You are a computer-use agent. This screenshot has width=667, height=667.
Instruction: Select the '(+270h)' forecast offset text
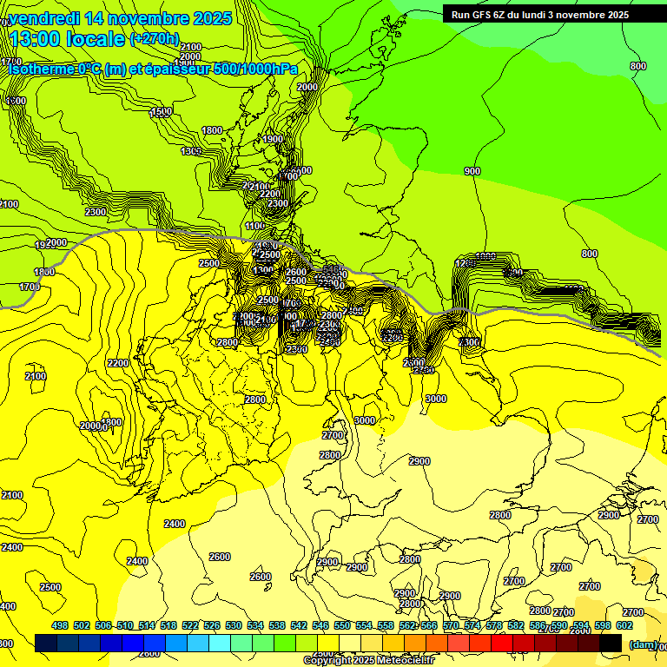[155, 39]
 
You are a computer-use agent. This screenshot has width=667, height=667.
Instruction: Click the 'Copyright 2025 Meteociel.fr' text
[368, 661]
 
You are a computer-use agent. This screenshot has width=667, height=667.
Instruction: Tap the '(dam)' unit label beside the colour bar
[642, 644]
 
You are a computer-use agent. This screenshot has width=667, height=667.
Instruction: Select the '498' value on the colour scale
[60, 625]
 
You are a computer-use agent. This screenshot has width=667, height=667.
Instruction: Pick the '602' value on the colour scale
[624, 625]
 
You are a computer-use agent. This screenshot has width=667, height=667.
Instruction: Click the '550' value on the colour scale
[342, 625]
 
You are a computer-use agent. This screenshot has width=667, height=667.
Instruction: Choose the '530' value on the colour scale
[234, 625]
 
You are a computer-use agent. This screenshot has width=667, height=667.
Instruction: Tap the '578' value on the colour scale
[494, 625]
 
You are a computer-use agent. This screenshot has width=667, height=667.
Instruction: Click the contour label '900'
[472, 171]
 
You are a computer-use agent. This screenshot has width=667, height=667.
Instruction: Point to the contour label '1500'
[161, 112]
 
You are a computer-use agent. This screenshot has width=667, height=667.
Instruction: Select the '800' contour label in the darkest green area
[638, 66]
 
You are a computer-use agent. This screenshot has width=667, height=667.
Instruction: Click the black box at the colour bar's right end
[611, 643]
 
